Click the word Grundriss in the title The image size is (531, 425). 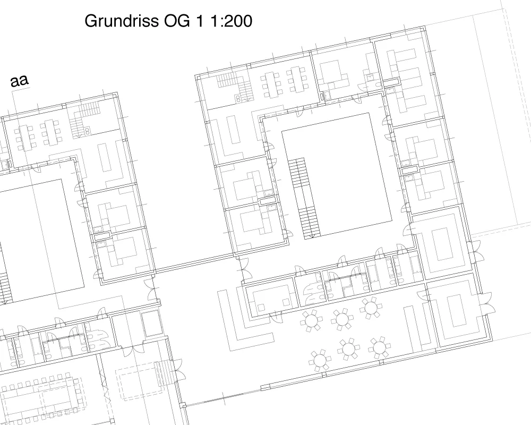122,21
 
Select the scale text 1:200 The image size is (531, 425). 232,21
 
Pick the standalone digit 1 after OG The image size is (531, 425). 200,21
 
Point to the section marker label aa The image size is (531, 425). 20,80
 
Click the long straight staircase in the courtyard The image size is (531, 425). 304,199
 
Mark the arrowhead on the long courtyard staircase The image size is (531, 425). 315,235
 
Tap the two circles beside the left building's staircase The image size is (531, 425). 87,131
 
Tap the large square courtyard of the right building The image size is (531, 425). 337,174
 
